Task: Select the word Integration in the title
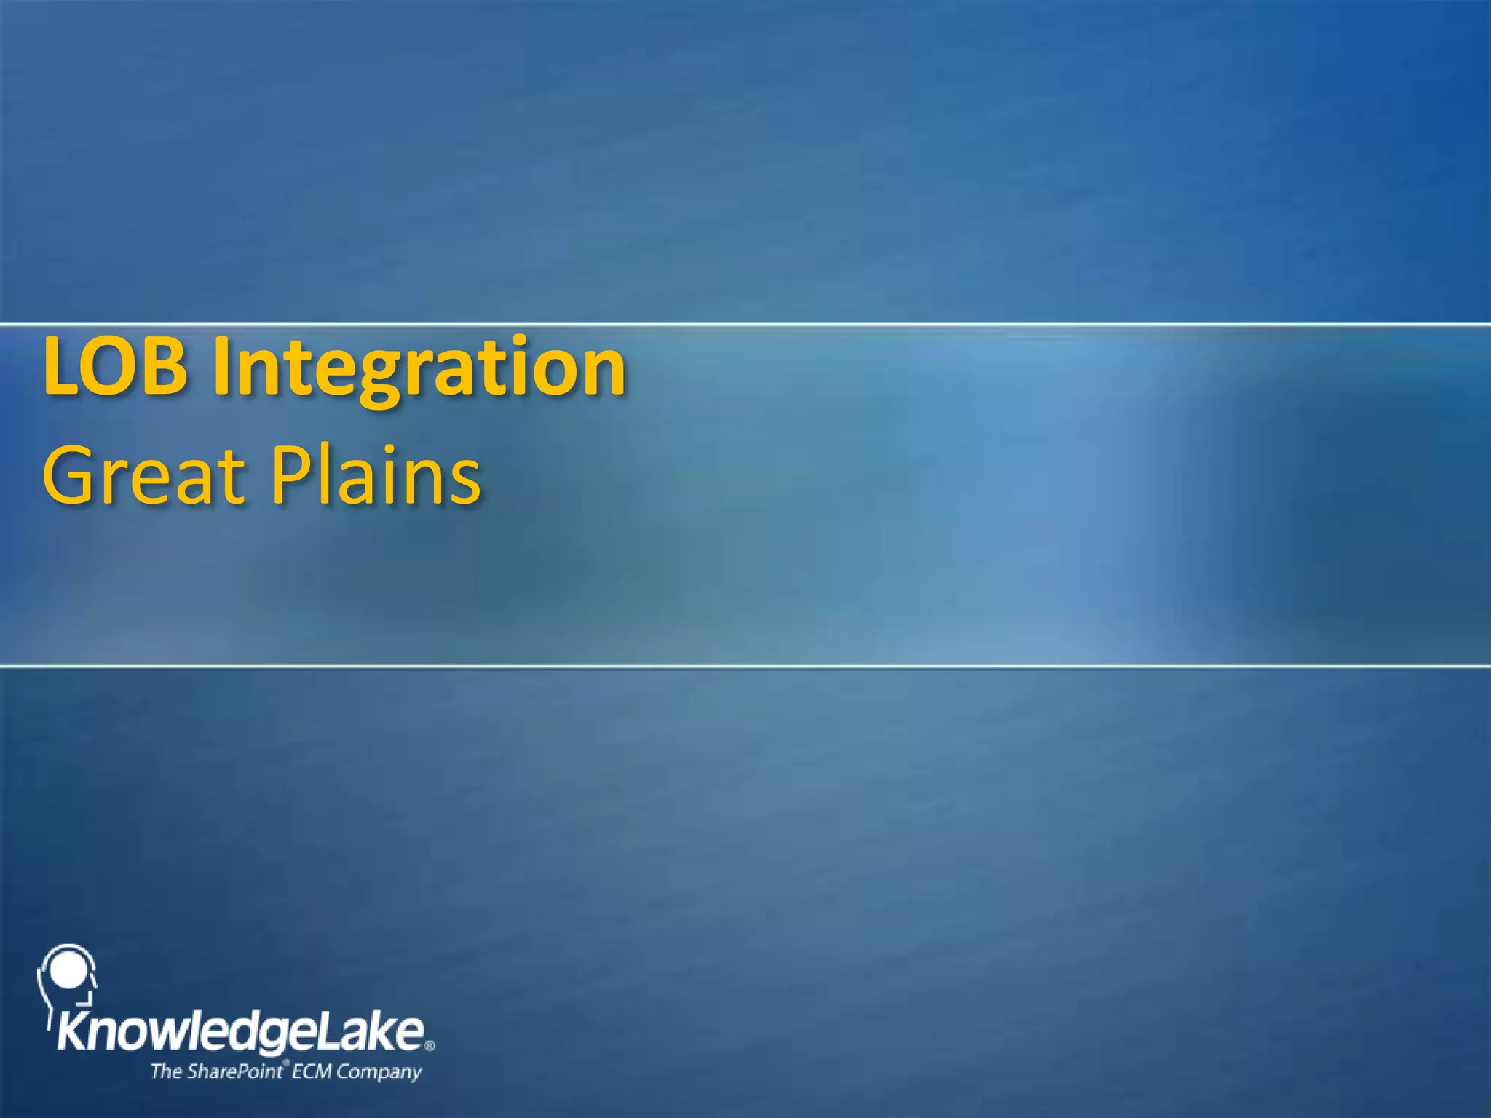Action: [419, 368]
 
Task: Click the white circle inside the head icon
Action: [67, 970]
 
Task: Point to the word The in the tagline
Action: [165, 1071]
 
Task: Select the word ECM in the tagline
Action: [312, 1071]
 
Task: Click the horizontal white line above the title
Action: [745, 324]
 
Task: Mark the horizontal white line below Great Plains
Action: [745, 665]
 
